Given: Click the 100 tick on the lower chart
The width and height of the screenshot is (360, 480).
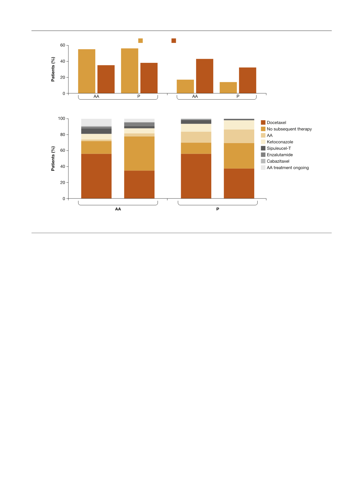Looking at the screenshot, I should point(61,118).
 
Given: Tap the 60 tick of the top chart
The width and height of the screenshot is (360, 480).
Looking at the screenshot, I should point(63,45).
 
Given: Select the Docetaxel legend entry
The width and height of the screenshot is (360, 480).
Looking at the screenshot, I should point(276,123).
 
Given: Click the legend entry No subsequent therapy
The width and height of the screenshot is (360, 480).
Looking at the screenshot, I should point(289,129).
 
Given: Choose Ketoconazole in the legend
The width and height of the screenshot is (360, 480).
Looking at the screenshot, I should point(280,142).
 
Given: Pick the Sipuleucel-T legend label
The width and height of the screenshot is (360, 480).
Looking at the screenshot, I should point(279,148).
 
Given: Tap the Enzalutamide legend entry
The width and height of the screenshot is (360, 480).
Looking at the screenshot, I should point(279,155).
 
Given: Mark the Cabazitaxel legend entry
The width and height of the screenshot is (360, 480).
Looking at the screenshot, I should point(278,161).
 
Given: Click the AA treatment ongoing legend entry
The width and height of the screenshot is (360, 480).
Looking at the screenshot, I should point(287,168).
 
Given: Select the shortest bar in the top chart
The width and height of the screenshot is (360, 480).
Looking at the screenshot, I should point(228,88).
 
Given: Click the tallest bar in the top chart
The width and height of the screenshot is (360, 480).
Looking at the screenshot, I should point(130,71).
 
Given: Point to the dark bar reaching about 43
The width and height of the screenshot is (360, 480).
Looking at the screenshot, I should point(205,76).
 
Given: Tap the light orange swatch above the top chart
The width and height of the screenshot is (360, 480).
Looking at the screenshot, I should point(140,41).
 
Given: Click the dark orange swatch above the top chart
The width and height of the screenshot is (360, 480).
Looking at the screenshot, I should point(174,41).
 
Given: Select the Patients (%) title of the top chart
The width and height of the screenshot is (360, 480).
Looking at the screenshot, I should point(53,69).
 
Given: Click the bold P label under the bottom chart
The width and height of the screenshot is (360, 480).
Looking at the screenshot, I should point(218,209).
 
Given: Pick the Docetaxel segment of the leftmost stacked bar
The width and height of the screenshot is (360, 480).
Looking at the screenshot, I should point(96,176).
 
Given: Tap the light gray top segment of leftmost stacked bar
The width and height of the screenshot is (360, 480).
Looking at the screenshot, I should point(96,122).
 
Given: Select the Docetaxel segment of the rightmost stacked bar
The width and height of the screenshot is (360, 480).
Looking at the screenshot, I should point(239,183).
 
